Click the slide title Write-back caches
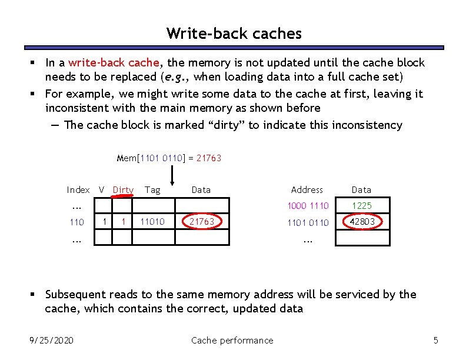pos(234,34)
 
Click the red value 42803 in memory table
pos(362,222)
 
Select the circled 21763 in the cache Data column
pos(201,222)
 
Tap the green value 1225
pos(361,205)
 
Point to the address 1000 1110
pos(308,205)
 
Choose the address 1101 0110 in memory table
pos(308,222)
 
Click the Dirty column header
pos(123,189)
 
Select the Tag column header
pos(152,189)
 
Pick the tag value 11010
pos(152,222)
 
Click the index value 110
pos(76,222)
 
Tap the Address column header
pos(307,189)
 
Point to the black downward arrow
pos(172,175)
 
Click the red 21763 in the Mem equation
pos(209,158)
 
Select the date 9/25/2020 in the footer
pos(52,340)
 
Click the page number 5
pos(435,340)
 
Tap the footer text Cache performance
pos(232,340)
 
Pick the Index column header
pos(78,189)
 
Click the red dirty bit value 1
pos(123,222)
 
